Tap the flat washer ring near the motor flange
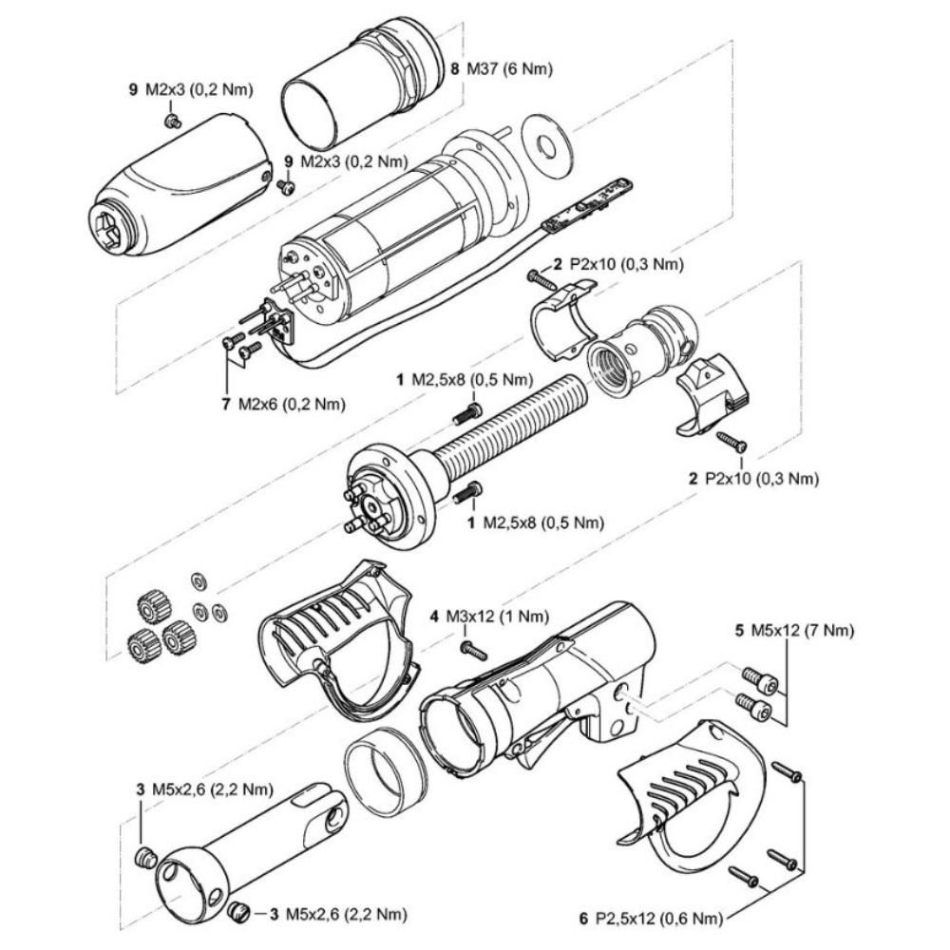tap(547, 146)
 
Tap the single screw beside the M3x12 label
tap(472, 650)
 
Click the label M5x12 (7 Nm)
tap(803, 630)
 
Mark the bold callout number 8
tap(455, 69)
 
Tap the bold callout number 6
tap(582, 919)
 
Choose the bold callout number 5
tap(739, 630)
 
